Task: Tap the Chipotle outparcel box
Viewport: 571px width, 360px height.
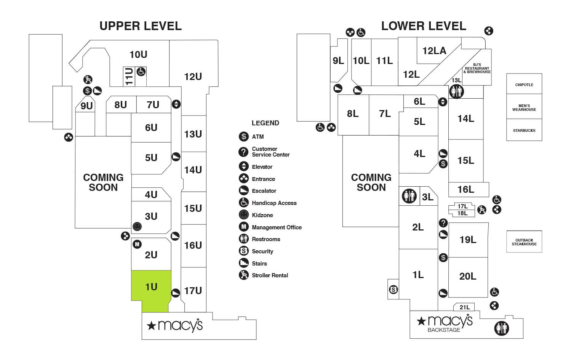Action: click(x=524, y=85)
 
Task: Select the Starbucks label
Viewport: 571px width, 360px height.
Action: click(x=524, y=130)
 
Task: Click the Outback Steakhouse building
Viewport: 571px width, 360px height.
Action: click(x=524, y=242)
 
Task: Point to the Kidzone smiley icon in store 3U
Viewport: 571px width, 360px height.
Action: click(x=137, y=227)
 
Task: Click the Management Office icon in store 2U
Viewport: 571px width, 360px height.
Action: click(x=137, y=244)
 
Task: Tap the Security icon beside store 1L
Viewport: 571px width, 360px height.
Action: click(x=393, y=290)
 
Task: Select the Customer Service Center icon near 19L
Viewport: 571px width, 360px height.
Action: click(x=443, y=223)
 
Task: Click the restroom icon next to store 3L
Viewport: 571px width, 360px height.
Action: click(x=409, y=196)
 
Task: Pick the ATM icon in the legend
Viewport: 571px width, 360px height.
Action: click(x=244, y=136)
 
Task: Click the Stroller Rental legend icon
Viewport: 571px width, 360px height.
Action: click(x=244, y=275)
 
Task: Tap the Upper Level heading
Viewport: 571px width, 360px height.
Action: click(x=141, y=26)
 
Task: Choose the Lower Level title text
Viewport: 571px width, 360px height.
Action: click(x=424, y=26)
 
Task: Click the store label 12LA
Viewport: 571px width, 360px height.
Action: click(x=434, y=51)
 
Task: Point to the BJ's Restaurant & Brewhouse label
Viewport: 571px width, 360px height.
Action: click(x=477, y=68)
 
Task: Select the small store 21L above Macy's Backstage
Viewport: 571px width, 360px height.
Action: click(x=464, y=307)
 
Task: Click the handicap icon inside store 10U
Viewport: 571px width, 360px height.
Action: click(x=141, y=71)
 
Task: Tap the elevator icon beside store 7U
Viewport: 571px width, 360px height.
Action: click(x=176, y=104)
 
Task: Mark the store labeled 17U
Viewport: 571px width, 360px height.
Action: click(x=193, y=291)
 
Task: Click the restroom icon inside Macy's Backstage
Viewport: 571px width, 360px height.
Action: click(x=501, y=328)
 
